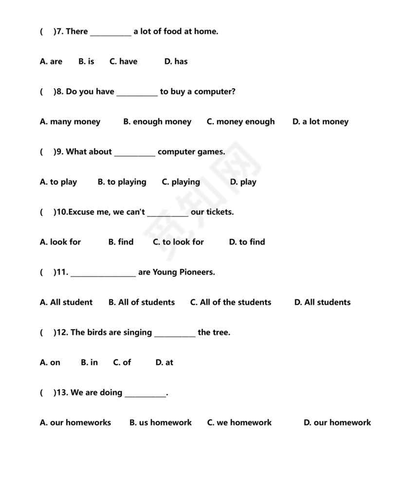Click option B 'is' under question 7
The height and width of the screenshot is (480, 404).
86,61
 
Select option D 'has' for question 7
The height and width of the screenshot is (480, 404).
176,61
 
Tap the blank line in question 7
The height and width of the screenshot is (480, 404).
110,33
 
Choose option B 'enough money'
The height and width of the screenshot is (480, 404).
157,122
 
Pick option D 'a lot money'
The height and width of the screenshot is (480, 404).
320,122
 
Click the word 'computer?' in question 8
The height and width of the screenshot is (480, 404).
215,92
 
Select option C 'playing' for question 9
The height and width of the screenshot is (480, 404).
181,182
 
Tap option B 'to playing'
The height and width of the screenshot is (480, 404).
122,182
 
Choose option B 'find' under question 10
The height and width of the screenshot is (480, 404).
121,242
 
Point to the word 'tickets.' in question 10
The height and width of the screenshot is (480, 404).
220,212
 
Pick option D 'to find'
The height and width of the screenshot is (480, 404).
247,242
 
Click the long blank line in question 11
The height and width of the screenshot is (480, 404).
103,274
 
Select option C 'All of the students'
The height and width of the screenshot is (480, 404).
230,302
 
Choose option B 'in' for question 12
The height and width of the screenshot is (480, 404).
89,363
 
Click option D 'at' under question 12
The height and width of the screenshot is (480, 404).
164,363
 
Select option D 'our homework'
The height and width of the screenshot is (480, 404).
337,423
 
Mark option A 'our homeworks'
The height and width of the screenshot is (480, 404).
75,423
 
